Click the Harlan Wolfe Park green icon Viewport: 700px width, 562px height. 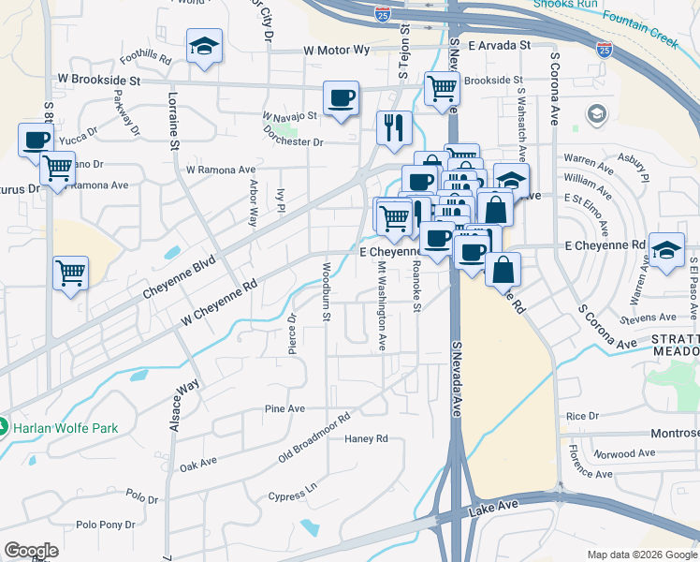(4, 428)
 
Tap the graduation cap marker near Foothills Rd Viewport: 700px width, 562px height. (201, 47)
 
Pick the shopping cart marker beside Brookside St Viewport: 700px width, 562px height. (442, 89)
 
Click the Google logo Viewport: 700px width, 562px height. (31, 551)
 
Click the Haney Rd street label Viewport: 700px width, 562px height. (366, 438)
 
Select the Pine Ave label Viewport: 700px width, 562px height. (285, 409)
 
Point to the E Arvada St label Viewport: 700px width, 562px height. (500, 44)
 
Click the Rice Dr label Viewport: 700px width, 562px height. (581, 416)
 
